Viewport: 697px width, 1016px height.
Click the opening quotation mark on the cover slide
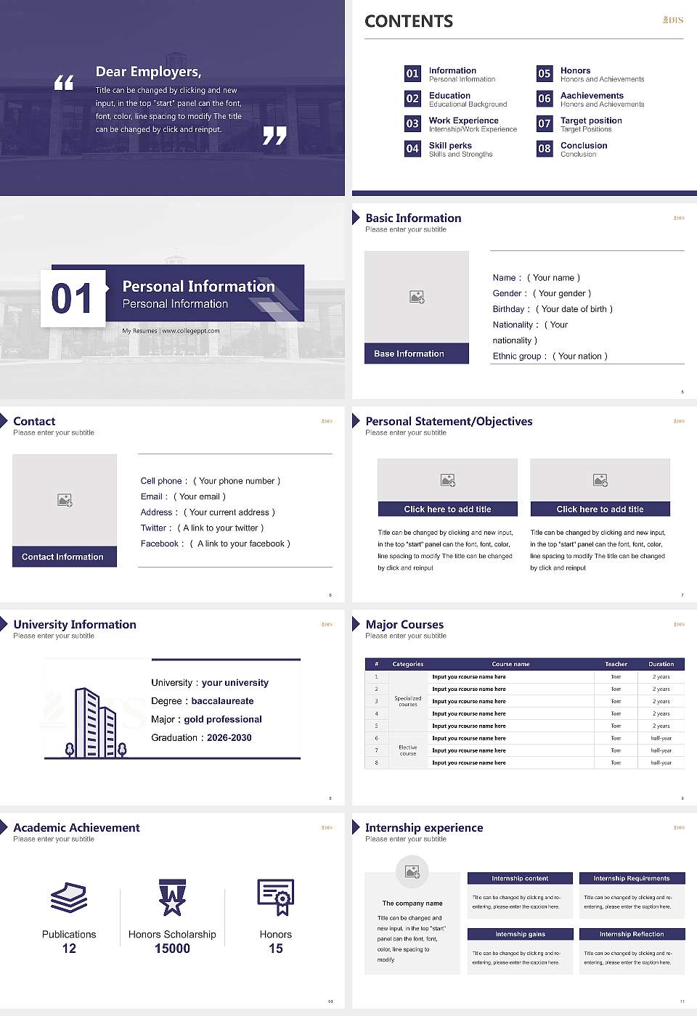pos(64,83)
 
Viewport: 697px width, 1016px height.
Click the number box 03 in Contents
pos(412,123)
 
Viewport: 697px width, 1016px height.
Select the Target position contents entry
pos(591,120)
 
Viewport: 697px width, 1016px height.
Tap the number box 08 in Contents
pos(545,149)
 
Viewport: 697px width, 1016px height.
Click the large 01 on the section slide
pos(73,298)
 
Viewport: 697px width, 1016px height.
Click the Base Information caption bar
pos(416,353)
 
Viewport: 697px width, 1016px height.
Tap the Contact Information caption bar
pos(65,557)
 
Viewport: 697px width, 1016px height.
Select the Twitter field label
pos(155,528)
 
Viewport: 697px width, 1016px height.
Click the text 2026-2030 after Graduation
pos(229,737)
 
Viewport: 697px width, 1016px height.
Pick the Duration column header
pos(661,664)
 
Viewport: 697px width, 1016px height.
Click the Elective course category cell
pos(408,750)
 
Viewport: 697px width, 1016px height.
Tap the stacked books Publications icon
pos(69,898)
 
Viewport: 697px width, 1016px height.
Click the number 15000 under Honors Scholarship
pos(172,949)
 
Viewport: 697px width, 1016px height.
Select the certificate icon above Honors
pos(276,897)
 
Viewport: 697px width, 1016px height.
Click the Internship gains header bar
pos(520,934)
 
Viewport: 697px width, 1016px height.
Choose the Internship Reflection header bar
pos(632,934)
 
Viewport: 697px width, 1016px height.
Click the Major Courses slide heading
pos(404,624)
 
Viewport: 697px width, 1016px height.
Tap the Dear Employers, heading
pos(149,72)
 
